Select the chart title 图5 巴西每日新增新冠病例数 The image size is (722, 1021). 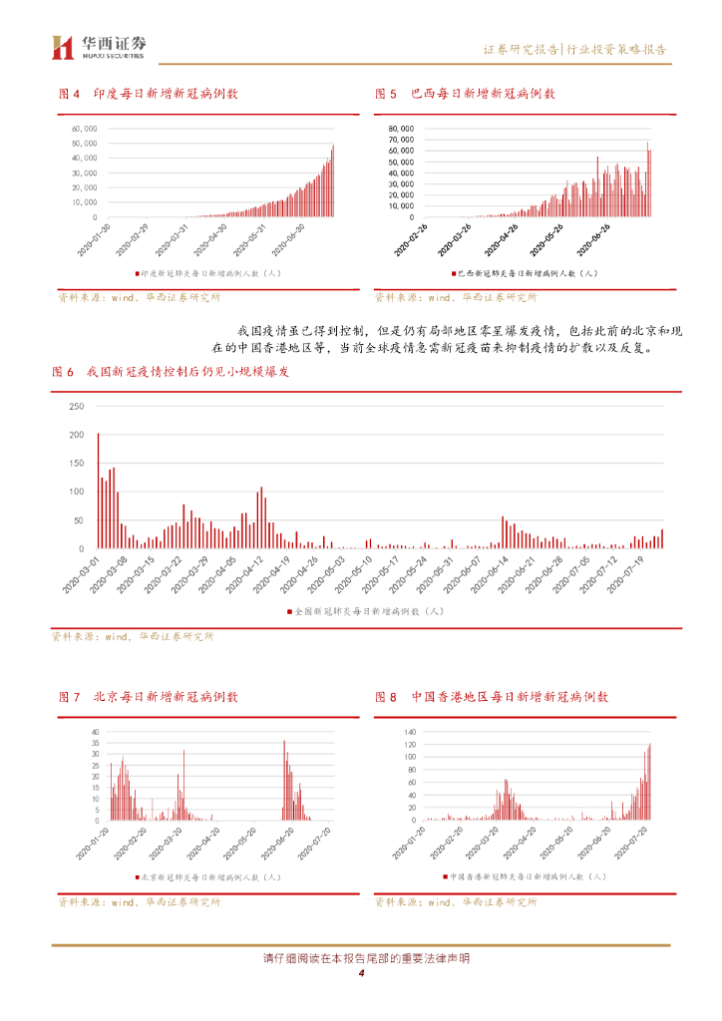pos(465,94)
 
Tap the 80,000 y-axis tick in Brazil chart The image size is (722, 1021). pos(401,129)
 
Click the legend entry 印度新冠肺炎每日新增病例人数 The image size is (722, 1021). pos(208,272)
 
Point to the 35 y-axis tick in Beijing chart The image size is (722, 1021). pos(96,732)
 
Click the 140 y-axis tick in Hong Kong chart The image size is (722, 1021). pos(408,732)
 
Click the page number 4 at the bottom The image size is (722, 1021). pos(361,974)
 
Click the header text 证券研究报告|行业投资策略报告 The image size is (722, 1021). pos(574,49)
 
